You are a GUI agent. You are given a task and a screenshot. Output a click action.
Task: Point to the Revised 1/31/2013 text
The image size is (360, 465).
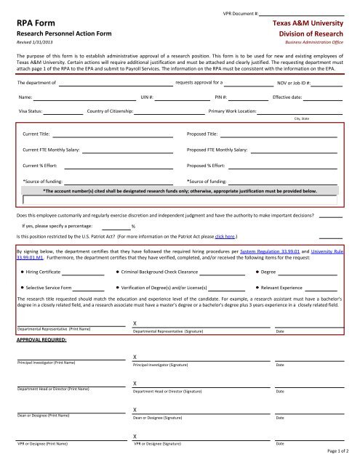click(x=33, y=43)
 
